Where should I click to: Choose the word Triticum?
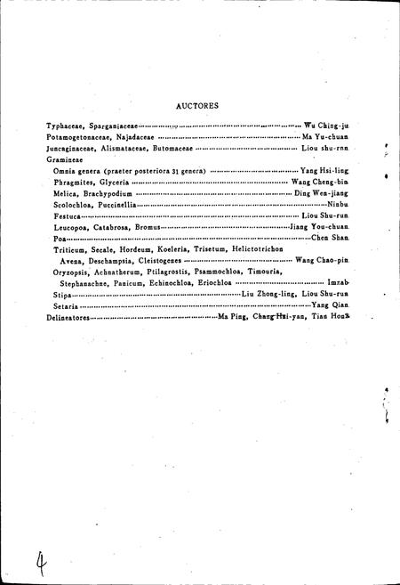coord(72,250)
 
